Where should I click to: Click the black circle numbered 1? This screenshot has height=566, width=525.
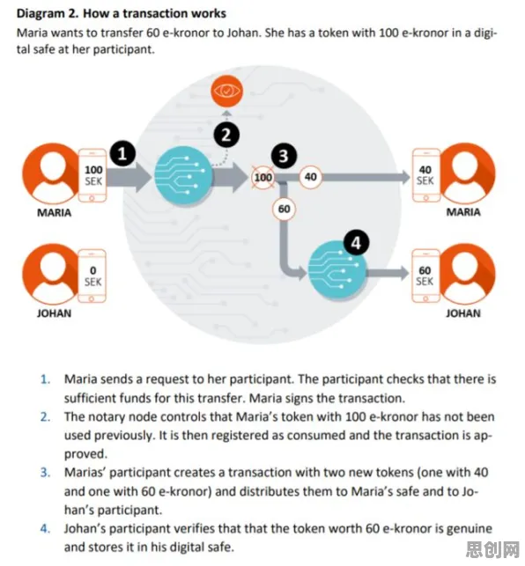pos(122,154)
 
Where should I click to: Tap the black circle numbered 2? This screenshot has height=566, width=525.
pos(226,135)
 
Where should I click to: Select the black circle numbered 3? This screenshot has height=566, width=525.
pos(284,156)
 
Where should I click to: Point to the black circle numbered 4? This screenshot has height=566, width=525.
pos(356,242)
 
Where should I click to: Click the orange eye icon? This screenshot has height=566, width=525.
pos(226,91)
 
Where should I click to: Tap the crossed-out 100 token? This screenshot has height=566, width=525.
pos(262,177)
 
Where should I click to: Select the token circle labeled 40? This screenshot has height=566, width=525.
pos(310,177)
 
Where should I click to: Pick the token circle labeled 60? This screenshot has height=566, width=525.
pos(284,209)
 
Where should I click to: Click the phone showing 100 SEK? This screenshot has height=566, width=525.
pos(92,175)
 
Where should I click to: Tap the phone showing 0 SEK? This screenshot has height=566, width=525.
pos(92,276)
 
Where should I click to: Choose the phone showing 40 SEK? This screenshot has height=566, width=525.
pos(426,175)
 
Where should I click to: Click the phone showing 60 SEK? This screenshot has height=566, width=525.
pos(426,276)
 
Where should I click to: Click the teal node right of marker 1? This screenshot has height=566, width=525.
pos(184,176)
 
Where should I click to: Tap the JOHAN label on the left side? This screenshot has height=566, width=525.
pos(54,313)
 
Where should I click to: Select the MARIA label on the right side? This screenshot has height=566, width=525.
pos(463,212)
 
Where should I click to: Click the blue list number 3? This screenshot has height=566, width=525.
pos(45,472)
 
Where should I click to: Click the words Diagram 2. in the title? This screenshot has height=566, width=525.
pos(47,14)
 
